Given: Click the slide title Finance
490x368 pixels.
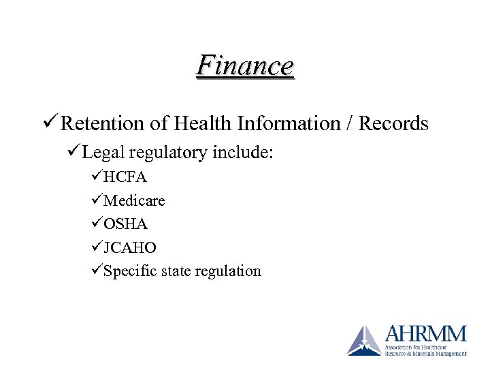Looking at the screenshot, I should click(245, 66).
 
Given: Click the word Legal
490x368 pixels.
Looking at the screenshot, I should click(104, 154).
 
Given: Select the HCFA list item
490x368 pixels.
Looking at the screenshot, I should click(125, 177).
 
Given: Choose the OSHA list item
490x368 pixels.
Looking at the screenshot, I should click(125, 224).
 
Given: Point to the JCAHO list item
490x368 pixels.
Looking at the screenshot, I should click(129, 247).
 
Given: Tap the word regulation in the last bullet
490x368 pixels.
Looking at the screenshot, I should click(227, 271).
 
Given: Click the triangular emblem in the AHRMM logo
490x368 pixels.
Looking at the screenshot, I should click(365, 340).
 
